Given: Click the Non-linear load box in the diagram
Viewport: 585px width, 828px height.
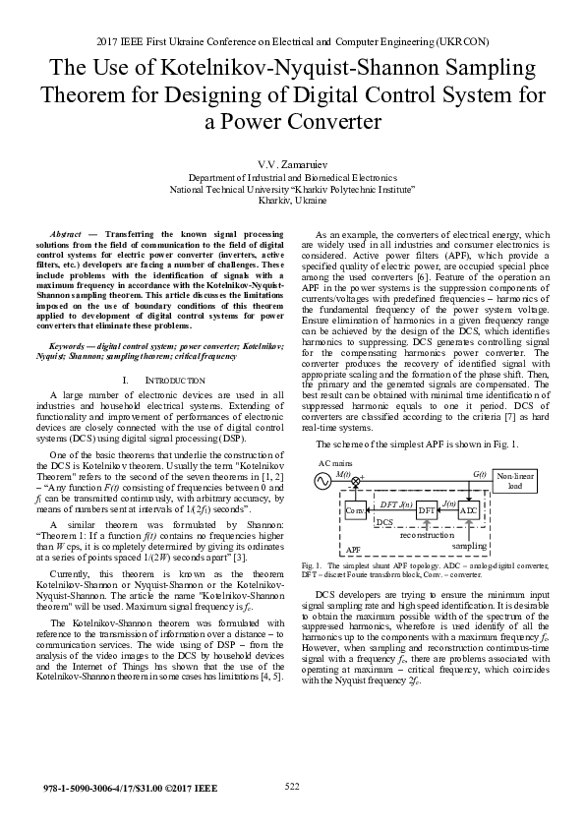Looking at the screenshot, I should pyautogui.click(x=515, y=481).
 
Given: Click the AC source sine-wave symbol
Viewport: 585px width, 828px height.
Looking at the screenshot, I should pyautogui.click(x=321, y=481).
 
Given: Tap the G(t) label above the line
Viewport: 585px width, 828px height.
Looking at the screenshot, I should pyautogui.click(x=479, y=473).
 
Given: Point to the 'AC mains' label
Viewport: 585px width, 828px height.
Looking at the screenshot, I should pyautogui.click(x=335, y=461).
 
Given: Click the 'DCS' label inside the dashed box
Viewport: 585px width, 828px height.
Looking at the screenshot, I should pyautogui.click(x=385, y=522).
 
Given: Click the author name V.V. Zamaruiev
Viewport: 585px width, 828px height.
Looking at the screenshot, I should pyautogui.click(x=292, y=162).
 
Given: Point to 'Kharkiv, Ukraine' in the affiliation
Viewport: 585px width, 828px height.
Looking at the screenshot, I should pyautogui.click(x=292, y=201).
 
